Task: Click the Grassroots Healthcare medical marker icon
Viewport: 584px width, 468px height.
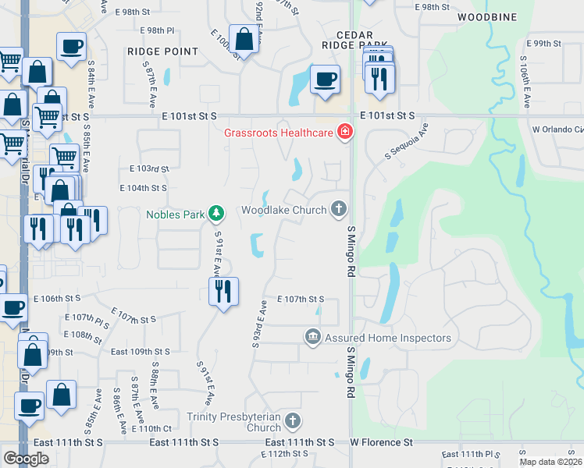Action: point(344,133)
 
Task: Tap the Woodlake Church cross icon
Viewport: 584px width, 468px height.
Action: point(338,209)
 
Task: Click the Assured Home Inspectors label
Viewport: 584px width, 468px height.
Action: point(388,338)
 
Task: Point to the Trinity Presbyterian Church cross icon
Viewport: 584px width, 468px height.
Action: point(292,422)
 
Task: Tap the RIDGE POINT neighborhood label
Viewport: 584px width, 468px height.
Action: point(162,51)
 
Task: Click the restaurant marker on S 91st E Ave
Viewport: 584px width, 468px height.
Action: point(224,292)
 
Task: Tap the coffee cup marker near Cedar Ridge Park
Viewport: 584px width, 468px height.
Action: point(325,79)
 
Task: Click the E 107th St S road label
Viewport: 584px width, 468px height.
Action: point(301,299)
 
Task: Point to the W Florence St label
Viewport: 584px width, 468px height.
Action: point(381,442)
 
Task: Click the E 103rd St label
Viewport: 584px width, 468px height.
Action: point(149,168)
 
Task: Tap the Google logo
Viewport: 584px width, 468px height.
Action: point(26,459)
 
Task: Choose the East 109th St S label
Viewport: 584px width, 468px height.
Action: point(141,352)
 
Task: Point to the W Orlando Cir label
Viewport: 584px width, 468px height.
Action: point(557,129)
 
